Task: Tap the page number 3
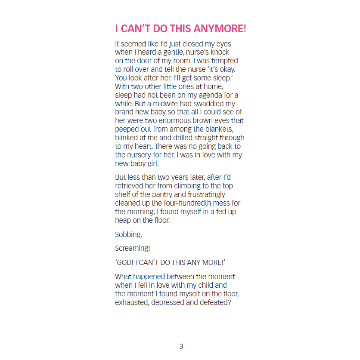click(x=181, y=346)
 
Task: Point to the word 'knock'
click(x=220, y=52)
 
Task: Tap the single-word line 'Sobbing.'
click(x=128, y=234)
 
